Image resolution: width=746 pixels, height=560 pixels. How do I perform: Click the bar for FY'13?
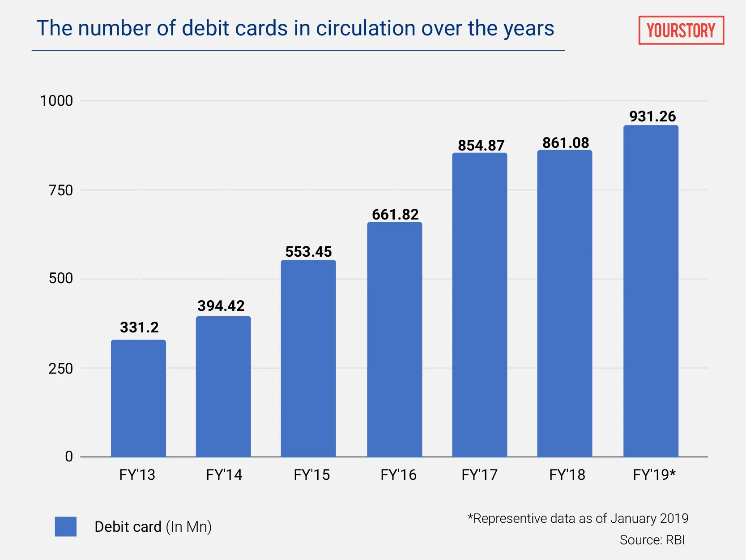point(138,399)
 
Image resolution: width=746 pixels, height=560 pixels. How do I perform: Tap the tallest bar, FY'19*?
point(651,291)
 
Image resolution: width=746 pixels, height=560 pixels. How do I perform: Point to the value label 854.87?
point(481,146)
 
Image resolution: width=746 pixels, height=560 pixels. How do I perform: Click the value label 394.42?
point(221,306)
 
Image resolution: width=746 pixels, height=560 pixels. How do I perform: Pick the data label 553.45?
point(308,252)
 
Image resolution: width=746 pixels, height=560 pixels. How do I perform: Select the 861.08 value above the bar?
point(566,143)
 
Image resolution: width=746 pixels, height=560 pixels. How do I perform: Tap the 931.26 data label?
point(652,116)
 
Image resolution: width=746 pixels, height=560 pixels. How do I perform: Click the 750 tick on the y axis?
point(60,190)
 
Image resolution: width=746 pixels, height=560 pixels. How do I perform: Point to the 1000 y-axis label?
point(56,101)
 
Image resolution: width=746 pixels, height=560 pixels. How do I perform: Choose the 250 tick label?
point(60,369)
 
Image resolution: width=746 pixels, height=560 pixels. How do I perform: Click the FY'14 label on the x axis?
point(224,475)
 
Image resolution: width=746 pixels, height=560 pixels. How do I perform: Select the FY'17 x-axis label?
point(479,475)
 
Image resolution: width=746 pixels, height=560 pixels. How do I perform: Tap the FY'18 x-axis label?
point(567,475)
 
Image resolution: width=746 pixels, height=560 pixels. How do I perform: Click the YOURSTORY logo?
point(681,30)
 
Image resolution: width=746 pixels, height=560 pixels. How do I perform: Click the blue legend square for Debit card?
point(66,526)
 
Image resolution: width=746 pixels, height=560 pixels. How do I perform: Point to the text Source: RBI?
point(652,540)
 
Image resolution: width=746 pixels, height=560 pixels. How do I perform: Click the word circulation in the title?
point(366,28)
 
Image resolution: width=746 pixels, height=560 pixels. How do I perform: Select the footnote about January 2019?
point(577,518)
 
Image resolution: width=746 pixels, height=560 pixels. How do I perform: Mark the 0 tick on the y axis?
point(69,457)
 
